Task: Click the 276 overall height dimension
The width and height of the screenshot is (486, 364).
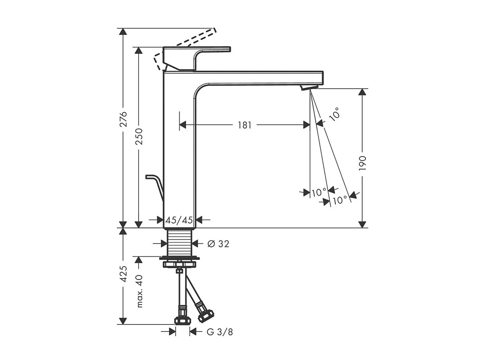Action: click(123, 119)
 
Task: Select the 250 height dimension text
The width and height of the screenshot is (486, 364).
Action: click(139, 136)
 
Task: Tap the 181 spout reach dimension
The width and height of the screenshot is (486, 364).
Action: click(244, 125)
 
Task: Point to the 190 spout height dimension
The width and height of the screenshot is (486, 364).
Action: click(362, 164)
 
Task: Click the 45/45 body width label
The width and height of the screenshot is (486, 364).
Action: click(179, 220)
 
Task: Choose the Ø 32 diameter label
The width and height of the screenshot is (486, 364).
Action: click(218, 244)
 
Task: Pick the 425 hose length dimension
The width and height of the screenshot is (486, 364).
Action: click(123, 274)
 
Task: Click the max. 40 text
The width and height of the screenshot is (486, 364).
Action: click(139, 291)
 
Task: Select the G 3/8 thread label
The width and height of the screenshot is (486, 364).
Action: click(220, 338)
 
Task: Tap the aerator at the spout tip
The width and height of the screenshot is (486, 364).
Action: click(309, 88)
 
